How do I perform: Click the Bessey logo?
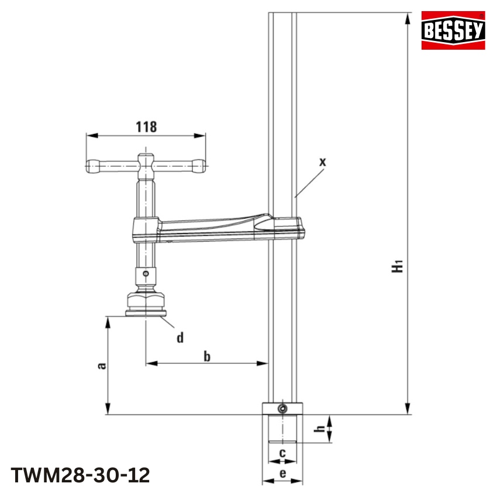coord(454,30)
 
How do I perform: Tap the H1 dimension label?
coord(398,266)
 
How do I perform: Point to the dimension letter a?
coord(101,365)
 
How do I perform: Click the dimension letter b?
coord(206,356)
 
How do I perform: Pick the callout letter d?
coord(180,337)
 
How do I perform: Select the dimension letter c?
coord(282,452)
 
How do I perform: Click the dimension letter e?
coord(282,474)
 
